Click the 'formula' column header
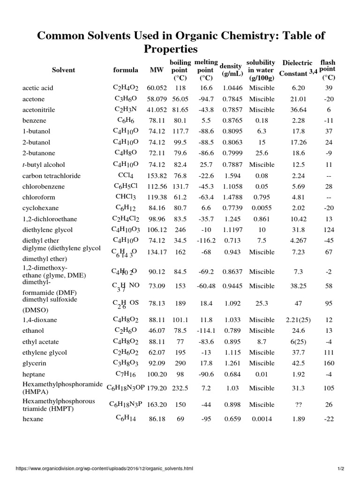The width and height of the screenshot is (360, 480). (126, 70)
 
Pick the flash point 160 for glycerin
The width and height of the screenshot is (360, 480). (329, 363)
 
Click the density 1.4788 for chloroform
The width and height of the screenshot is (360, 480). (232, 197)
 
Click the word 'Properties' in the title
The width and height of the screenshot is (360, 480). (171, 49)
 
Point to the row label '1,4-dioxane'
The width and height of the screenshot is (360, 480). (39, 320)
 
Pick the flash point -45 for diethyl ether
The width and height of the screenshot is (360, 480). (329, 241)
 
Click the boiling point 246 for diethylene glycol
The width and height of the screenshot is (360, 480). (180, 230)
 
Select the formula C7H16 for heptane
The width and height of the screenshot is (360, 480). (125, 374)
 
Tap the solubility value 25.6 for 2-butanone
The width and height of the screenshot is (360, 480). (261, 153)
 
